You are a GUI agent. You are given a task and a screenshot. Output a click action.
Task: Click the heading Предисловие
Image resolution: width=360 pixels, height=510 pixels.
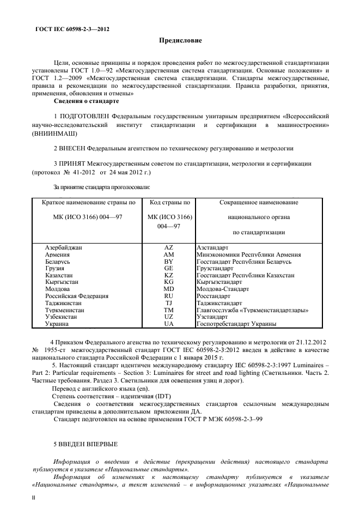coord(180,40)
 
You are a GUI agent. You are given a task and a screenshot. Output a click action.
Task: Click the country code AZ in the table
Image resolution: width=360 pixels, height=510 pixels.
coord(168,247)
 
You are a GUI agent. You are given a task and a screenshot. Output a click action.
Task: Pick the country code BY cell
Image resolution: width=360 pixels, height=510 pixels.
coord(168,262)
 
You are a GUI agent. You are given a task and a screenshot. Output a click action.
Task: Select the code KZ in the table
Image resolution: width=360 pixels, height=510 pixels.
coord(168,276)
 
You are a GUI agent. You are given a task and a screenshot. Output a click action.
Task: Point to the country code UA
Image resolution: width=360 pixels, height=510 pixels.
coord(168,324)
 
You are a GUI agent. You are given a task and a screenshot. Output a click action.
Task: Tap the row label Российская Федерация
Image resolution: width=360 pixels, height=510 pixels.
coord(76,296)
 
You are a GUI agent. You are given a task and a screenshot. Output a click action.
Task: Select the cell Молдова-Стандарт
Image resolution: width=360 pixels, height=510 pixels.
coord(222,289)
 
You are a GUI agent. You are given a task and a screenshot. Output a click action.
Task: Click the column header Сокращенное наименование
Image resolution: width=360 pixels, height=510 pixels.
coord(259,203)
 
